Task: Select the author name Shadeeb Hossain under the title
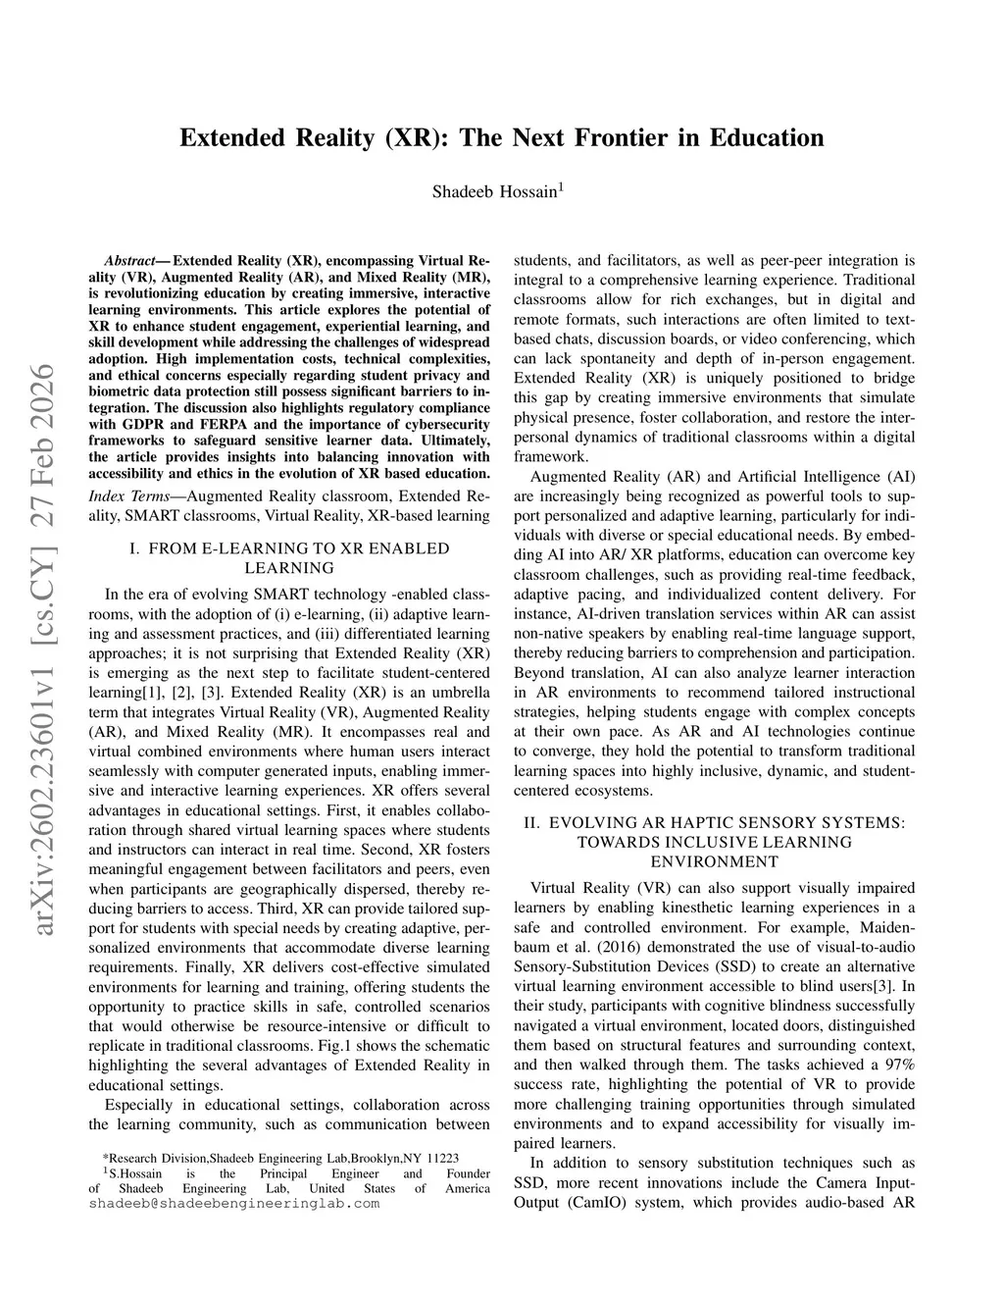[x=495, y=191]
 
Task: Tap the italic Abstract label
[x=128, y=262]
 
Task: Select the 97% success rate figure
[x=899, y=1065]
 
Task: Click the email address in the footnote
[x=233, y=1203]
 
